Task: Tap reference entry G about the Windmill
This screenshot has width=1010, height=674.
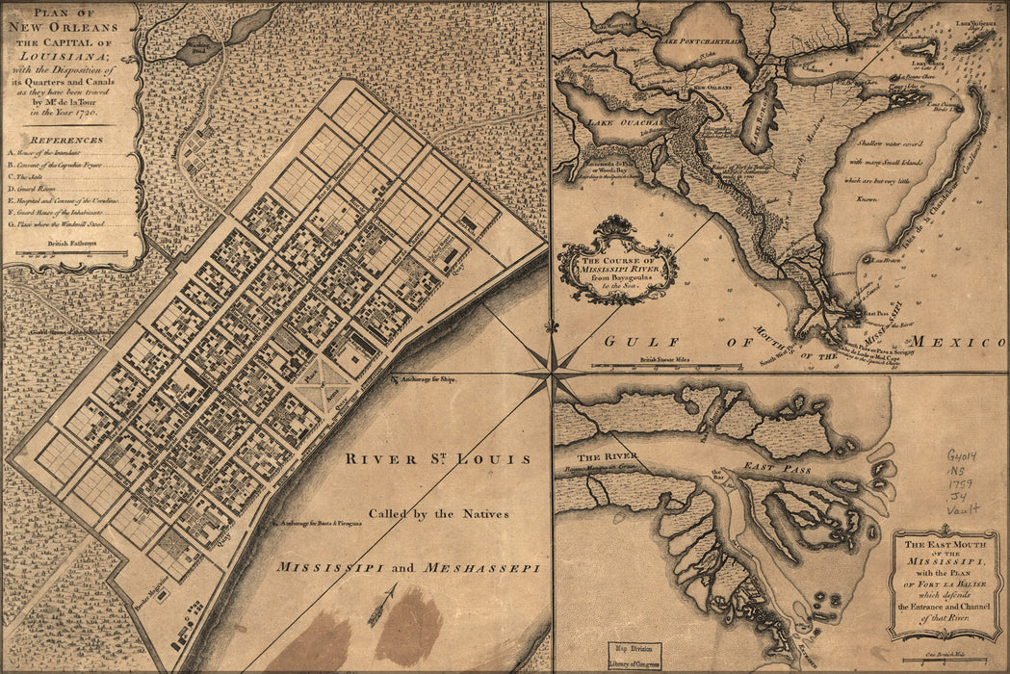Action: click(x=69, y=223)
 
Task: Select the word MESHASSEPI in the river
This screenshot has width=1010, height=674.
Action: click(x=481, y=568)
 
